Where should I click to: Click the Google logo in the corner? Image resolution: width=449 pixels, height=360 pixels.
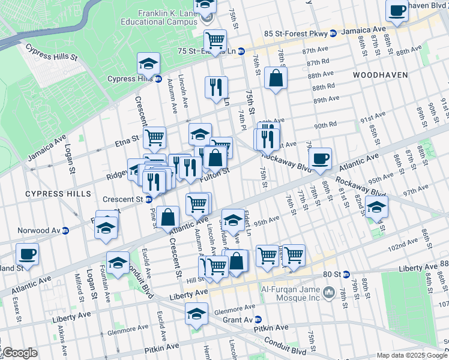point(19,353)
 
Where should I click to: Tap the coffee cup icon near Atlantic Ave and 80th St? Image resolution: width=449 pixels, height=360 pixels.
point(321,159)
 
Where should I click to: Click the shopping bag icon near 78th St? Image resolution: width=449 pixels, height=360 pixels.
point(276,79)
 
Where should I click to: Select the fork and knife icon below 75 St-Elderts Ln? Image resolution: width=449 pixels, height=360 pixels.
point(215,87)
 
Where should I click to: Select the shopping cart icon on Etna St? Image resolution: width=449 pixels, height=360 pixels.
point(154,137)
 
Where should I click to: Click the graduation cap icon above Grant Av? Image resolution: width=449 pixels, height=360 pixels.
point(196,314)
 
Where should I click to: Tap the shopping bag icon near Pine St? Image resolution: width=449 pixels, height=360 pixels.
point(169,217)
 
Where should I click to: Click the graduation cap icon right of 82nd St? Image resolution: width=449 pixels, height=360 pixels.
point(376,207)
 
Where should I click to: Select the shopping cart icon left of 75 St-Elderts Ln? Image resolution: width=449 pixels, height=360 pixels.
point(214,40)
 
